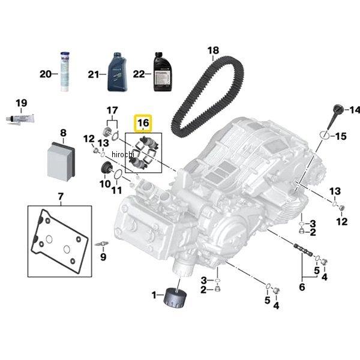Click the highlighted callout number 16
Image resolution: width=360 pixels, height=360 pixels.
coord(142,124)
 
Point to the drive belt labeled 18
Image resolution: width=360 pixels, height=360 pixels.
coord(207,96)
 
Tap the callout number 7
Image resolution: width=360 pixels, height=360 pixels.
coord(60,196)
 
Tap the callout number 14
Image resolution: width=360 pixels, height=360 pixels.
coord(355,109)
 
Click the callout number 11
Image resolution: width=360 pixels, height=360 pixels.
coord(117,190)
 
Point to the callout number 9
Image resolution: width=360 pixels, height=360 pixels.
coord(103,258)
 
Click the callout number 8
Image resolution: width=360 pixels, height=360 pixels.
coord(63,133)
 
